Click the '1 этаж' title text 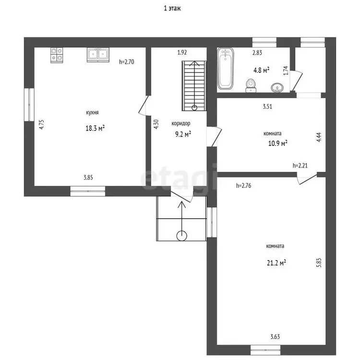(172, 9)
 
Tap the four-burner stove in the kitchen (57, 55)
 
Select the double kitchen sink (98, 55)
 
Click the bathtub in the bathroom (226, 69)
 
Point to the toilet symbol (251, 85)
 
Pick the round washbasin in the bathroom (277, 88)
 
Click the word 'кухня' (92, 112)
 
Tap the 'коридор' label (181, 123)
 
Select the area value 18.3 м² (95, 128)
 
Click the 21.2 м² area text (276, 263)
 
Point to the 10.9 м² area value (278, 144)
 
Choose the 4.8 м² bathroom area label (261, 70)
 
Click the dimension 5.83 (319, 263)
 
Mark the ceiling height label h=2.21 (300, 166)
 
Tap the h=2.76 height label (243, 185)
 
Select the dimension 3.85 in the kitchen (88, 178)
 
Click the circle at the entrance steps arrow (181, 236)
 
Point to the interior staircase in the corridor (194, 85)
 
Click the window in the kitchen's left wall (29, 105)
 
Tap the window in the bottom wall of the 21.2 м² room (265, 350)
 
